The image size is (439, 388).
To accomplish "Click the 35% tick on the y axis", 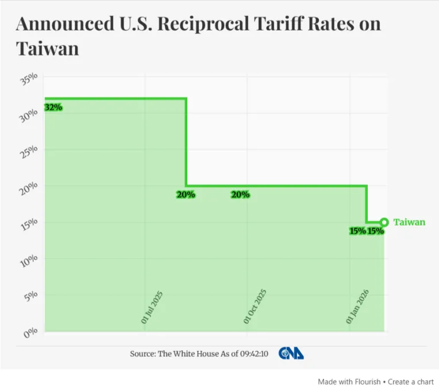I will [29, 79].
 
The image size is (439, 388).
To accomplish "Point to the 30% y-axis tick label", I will [29, 116].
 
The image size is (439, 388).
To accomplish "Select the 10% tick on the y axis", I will [29, 260].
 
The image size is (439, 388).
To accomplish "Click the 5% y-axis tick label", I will [31, 297].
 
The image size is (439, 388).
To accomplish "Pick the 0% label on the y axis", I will [31, 333].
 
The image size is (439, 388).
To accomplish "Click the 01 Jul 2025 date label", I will [152, 308].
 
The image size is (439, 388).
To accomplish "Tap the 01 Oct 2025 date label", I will [256, 306].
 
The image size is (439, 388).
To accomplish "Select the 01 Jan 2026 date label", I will [358, 307].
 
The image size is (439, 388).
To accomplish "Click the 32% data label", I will [53, 107].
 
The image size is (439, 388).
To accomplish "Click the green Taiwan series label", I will [409, 222].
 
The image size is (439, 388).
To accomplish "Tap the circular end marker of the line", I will [384, 222].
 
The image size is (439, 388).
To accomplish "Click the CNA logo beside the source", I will [291, 354].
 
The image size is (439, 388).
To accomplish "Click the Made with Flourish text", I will [349, 381].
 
